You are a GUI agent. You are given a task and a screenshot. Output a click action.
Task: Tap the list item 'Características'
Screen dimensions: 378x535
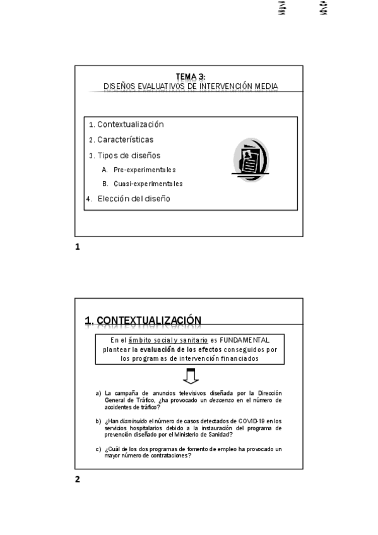point(125,139)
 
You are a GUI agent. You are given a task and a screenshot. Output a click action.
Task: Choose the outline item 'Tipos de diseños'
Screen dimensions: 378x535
point(129,155)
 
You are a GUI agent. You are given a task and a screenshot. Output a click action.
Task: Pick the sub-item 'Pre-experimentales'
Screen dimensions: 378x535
point(145,170)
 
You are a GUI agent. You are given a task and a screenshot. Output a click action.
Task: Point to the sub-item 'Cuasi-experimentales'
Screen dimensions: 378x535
point(148,184)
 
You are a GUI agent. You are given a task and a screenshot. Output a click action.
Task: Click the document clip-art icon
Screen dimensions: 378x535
point(251,160)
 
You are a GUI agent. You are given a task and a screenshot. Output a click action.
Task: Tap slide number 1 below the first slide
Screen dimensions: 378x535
point(78,247)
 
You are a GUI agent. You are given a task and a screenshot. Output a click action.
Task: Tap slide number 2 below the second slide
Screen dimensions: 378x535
point(78,479)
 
